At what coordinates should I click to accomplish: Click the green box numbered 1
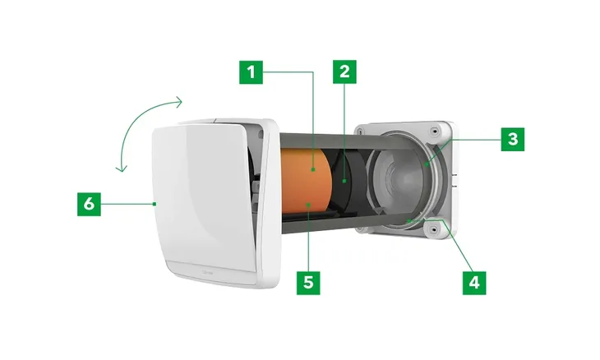[251, 72]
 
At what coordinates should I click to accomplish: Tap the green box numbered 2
[344, 72]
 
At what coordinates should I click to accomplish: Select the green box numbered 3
[513, 139]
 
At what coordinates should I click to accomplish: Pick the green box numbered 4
[474, 283]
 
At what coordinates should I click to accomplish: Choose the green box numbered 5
[308, 283]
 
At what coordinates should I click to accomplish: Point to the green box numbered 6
[89, 205]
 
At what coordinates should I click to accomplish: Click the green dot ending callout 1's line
[313, 169]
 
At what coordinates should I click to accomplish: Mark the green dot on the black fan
[344, 181]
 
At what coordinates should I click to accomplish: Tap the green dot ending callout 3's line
[427, 164]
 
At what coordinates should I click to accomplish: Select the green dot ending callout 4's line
[409, 221]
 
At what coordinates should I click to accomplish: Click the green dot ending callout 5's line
[308, 205]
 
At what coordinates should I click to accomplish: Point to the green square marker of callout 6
[155, 204]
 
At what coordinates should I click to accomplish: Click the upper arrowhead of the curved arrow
[179, 102]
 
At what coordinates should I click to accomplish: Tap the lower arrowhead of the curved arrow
[122, 168]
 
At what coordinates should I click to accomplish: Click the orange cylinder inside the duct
[306, 180]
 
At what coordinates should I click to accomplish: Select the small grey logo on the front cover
[209, 272]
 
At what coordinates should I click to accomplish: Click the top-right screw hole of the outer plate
[434, 132]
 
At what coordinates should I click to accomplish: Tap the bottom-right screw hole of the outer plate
[433, 230]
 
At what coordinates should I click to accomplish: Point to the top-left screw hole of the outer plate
[360, 131]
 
